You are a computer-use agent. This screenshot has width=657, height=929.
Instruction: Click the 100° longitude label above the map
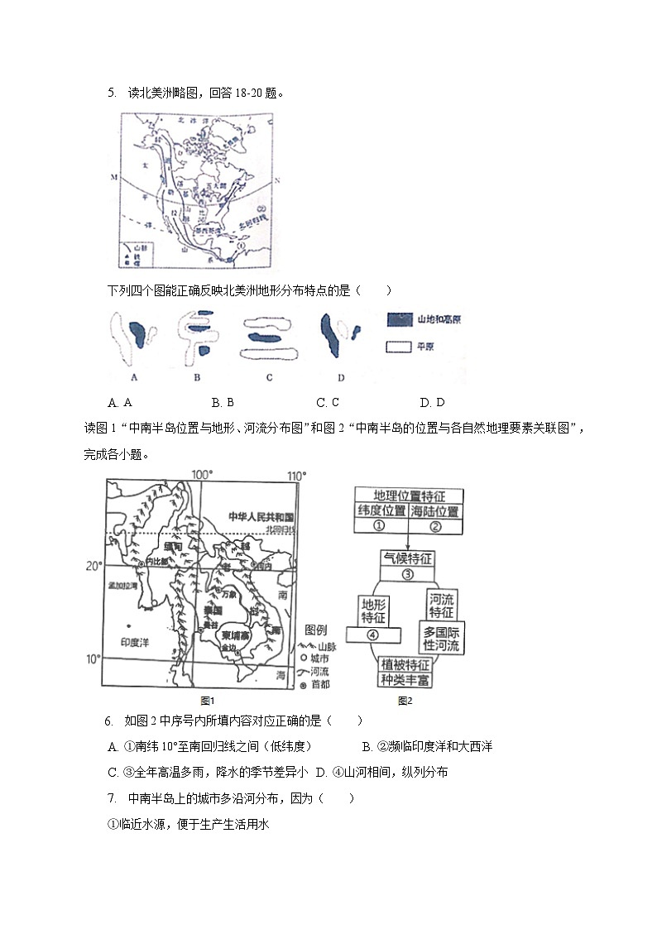[203, 474]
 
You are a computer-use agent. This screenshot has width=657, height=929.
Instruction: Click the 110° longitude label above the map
[297, 474]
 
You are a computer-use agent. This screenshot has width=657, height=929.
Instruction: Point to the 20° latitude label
[94, 566]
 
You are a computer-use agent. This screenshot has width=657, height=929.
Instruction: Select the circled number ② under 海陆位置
[434, 525]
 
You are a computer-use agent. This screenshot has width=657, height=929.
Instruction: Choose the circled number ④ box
[372, 635]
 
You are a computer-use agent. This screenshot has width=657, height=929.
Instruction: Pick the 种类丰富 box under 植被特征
[405, 680]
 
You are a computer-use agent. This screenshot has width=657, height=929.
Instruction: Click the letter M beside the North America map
[114, 178]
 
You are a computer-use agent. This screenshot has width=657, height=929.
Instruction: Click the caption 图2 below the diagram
[405, 701]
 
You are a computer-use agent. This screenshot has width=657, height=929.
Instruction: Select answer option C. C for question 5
[328, 403]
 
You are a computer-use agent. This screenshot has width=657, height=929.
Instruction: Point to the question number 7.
[111, 798]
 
